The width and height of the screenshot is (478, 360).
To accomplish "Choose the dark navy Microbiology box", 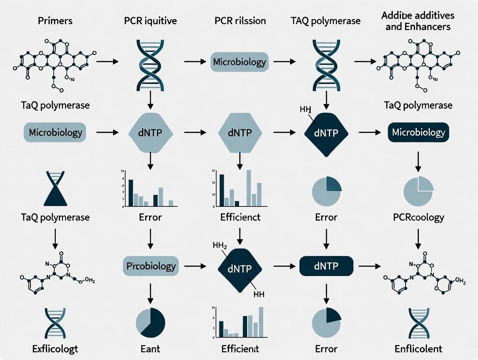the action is (418, 132).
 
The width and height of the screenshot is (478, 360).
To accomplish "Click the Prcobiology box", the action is (151, 266).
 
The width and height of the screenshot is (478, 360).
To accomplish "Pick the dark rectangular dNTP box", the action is (326, 265).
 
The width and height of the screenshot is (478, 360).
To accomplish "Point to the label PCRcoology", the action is (418, 217).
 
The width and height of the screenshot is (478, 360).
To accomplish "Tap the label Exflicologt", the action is (55, 348).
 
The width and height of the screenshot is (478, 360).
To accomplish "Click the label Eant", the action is (151, 348).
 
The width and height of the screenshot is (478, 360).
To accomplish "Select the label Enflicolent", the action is (418, 348).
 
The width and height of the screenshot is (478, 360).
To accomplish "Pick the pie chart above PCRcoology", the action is (418, 191).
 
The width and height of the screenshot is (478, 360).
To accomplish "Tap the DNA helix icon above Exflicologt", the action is (55, 323).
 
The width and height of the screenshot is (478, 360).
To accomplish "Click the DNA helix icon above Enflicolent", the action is (418, 323).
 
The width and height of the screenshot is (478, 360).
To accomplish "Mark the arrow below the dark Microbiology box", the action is (418, 161).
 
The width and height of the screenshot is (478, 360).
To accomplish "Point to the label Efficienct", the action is (240, 217).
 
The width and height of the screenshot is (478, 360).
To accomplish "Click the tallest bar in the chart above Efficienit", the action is (261, 322).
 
